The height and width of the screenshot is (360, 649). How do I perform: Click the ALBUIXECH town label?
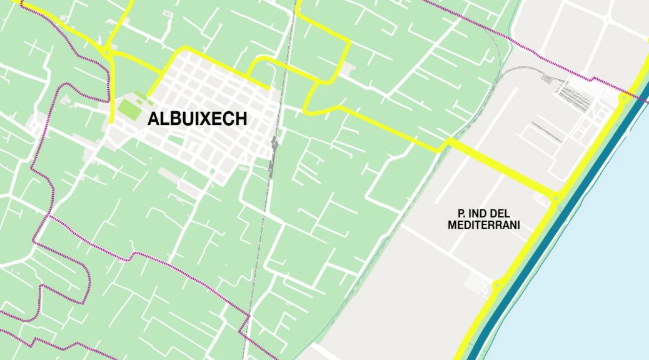(x=197, y=119)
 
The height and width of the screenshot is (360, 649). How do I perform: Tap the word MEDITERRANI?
(x=485, y=225)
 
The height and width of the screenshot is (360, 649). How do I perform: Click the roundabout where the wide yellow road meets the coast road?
(x=555, y=198)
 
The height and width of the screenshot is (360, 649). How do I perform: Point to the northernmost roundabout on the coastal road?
(x=623, y=98)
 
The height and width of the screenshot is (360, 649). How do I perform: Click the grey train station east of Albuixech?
(x=273, y=156)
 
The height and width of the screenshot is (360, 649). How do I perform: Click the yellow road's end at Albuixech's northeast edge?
(x=269, y=88)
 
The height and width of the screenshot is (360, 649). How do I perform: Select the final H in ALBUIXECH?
(x=241, y=119)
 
